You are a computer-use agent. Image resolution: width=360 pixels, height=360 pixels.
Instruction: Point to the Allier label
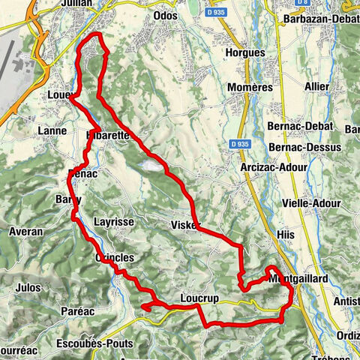point(317,86)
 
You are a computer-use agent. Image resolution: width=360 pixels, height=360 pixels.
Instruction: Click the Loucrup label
point(199,298)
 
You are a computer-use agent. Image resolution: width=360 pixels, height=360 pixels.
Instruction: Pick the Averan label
point(25,232)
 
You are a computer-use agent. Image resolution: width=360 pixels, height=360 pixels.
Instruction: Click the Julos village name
point(28,286)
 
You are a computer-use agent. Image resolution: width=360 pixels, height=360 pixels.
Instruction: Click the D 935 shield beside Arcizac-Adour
point(239,144)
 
